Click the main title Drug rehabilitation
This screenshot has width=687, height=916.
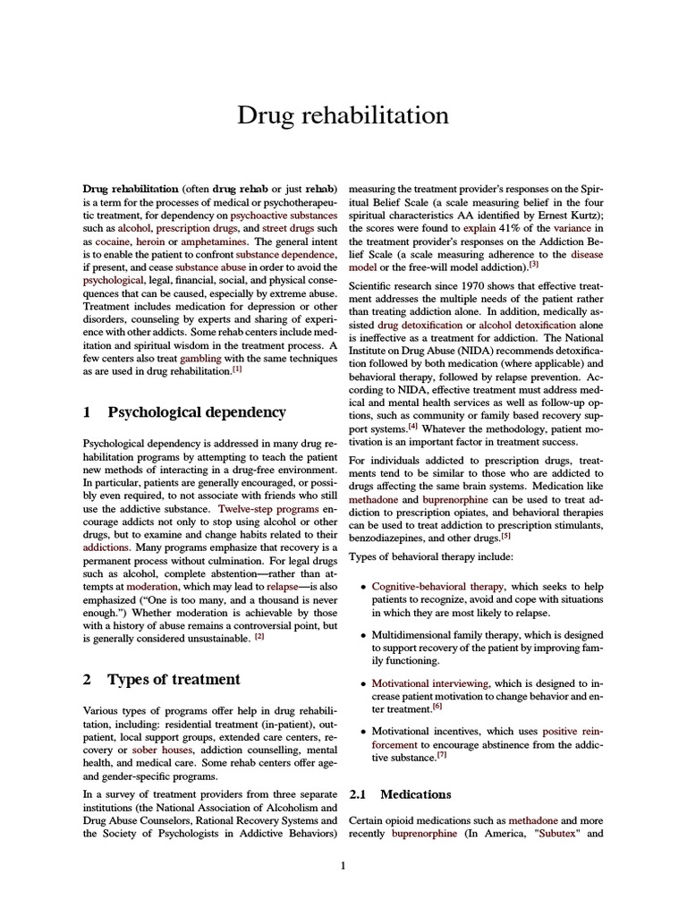click(343, 115)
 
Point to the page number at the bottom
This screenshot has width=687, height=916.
click(343, 865)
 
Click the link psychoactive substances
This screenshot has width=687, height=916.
click(283, 216)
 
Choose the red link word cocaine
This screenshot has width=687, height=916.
click(114, 242)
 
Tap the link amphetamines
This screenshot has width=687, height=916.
click(215, 242)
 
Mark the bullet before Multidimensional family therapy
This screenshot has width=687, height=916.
click(361, 635)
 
